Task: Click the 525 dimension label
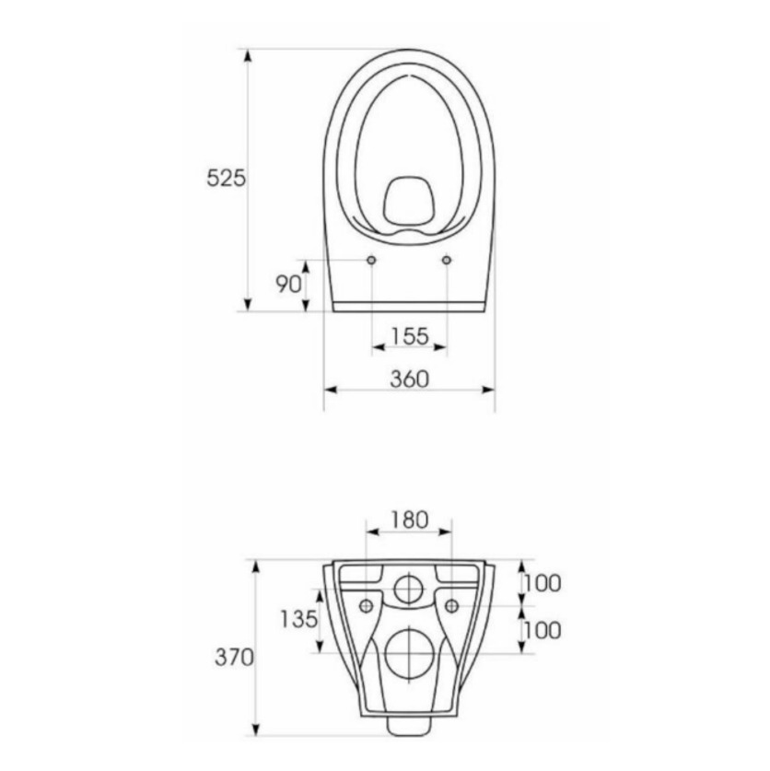click(226, 178)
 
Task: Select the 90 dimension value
click(288, 284)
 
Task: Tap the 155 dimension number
click(410, 336)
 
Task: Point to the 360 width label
click(410, 380)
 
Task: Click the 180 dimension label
click(409, 520)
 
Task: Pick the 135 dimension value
click(299, 619)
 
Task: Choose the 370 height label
click(234, 657)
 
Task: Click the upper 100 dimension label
click(542, 584)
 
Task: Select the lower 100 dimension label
click(542, 630)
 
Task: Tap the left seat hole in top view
click(372, 260)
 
